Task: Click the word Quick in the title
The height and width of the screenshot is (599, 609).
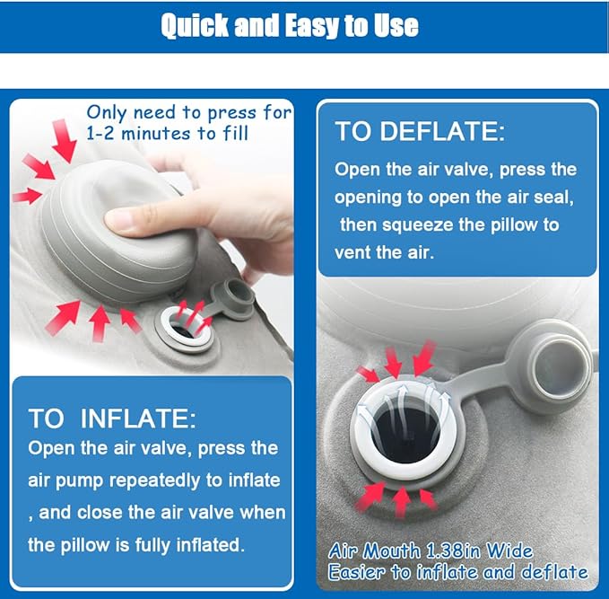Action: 195,25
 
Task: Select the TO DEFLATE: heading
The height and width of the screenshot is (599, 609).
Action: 420,132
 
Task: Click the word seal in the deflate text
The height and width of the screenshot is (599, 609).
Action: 555,198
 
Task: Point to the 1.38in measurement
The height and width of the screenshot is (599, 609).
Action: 455,551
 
